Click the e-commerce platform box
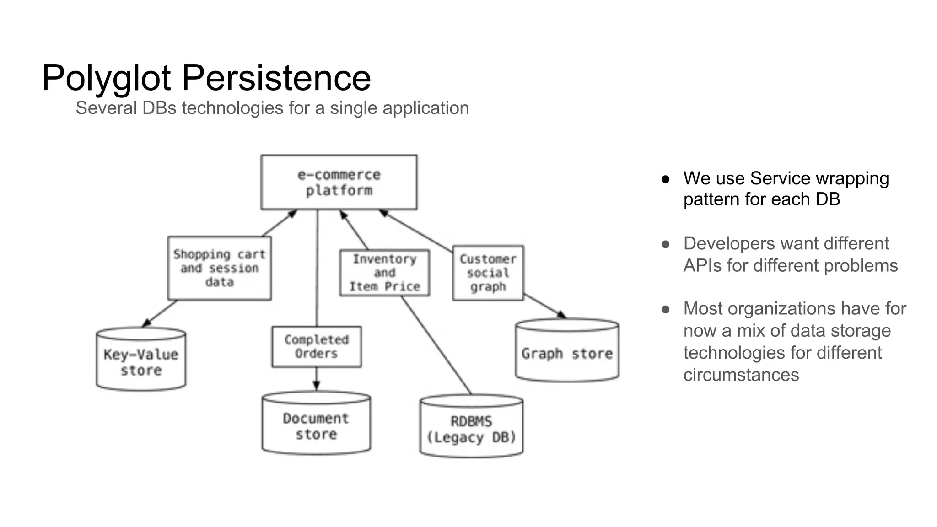tap(339, 182)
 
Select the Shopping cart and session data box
tap(219, 268)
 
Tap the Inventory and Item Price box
tap(384, 273)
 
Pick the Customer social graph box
tap(488, 273)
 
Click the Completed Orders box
tap(316, 347)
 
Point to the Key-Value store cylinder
tap(141, 361)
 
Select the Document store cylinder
tap(316, 425)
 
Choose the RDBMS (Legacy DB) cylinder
tap(471, 429)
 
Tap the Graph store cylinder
tap(567, 353)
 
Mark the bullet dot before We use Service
tap(666, 179)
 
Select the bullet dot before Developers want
tap(666, 244)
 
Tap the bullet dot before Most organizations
tap(666, 310)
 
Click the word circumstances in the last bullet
tap(741, 375)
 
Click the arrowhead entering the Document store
tap(316, 386)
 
